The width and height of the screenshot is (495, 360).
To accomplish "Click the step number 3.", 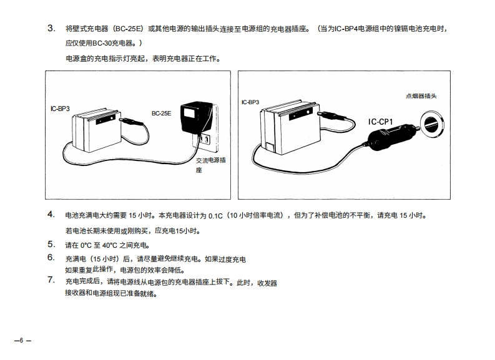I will [x=51, y=29].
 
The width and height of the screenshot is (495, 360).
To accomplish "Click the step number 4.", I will [x=51, y=215].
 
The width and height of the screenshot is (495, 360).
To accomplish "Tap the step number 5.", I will [x=51, y=244].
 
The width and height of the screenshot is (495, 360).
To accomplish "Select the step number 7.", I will [x=51, y=280].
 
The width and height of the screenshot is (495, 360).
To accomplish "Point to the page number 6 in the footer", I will [x=21, y=340].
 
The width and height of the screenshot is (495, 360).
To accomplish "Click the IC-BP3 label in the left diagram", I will [x=60, y=109].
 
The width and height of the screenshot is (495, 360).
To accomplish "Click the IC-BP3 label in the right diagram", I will [x=250, y=101].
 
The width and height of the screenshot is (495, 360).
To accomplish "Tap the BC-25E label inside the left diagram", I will [x=161, y=113].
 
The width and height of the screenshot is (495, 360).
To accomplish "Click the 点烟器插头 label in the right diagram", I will [x=421, y=96].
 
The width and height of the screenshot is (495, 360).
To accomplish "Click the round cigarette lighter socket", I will [x=430, y=125].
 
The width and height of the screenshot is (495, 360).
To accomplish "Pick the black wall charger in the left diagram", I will [x=192, y=118].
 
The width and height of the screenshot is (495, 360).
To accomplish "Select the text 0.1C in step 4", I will [x=215, y=216].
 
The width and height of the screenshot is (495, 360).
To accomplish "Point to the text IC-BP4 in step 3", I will [x=345, y=29].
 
